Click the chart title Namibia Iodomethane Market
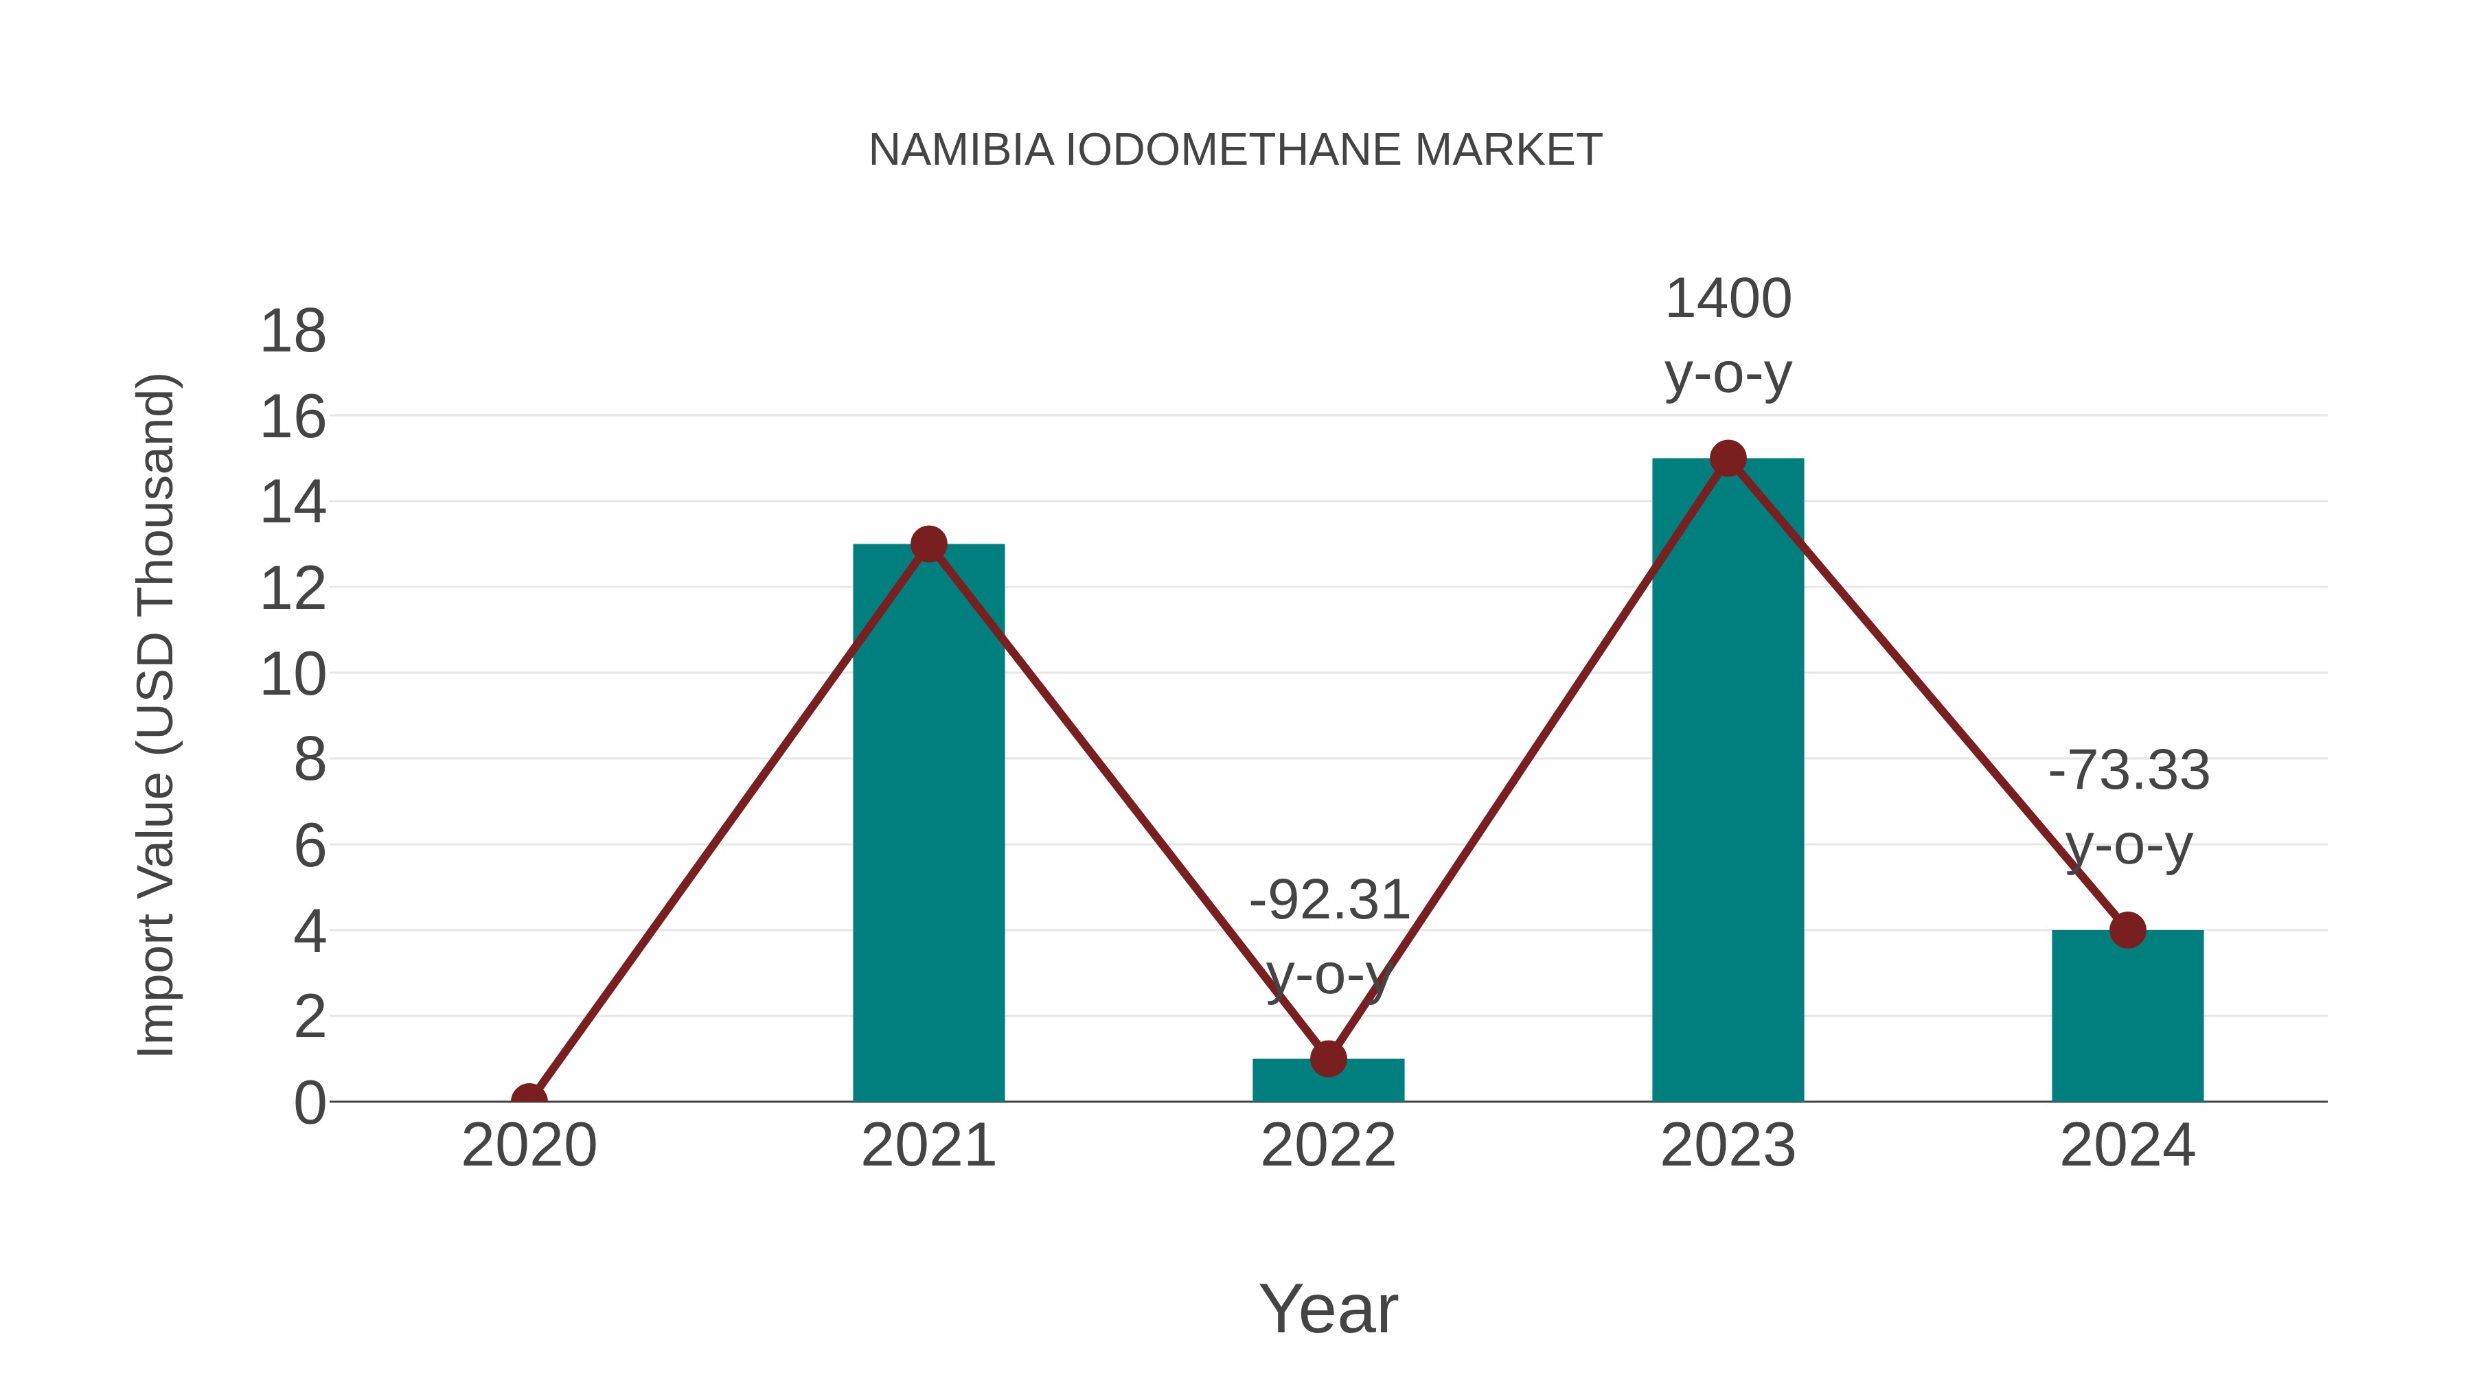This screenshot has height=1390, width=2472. tap(1235, 150)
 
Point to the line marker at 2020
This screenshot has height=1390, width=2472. tap(529, 1100)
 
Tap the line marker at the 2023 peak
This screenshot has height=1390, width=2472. tap(1728, 459)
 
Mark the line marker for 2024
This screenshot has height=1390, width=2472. tap(2127, 929)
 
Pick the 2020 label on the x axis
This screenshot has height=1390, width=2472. tap(529, 1146)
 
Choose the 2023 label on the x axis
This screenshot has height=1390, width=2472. tap(1728, 1146)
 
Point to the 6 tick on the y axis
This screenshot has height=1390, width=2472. tap(309, 846)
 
